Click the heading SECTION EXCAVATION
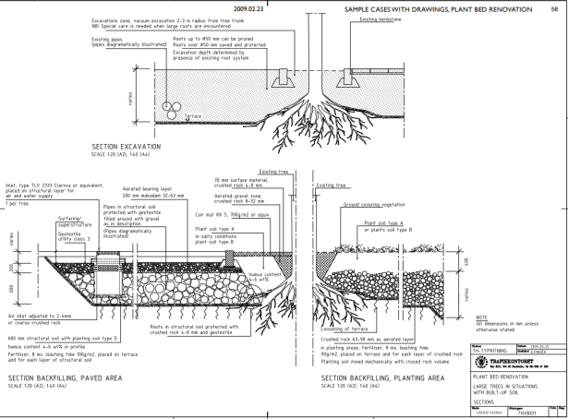click(x=127, y=147)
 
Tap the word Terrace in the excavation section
click(x=193, y=115)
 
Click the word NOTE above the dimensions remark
click(x=480, y=317)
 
